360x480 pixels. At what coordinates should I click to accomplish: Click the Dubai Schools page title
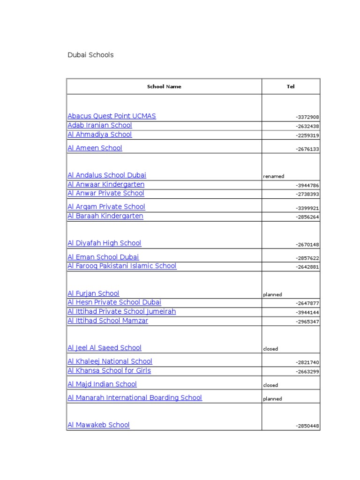91,55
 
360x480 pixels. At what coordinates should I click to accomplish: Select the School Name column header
164,86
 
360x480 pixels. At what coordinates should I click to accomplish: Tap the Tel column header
291,86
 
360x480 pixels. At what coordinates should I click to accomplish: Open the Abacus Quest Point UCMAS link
112,116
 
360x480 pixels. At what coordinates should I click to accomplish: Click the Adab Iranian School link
100,125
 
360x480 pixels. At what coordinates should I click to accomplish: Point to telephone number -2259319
307,135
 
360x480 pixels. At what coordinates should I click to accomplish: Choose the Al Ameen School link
95,148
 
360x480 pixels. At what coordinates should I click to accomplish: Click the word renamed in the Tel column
274,176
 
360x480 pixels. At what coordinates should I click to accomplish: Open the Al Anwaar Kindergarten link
106,184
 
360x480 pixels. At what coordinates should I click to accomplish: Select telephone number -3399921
307,208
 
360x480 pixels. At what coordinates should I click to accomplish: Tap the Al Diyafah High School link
104,243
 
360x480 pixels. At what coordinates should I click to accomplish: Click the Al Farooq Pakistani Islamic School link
122,266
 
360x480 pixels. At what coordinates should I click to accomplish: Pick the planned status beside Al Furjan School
272,295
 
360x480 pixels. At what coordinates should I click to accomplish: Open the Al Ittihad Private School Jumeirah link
122,311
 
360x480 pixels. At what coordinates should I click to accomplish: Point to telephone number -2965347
307,322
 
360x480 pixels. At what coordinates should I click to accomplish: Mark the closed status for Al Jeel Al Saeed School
270,349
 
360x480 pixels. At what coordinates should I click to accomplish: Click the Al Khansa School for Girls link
109,370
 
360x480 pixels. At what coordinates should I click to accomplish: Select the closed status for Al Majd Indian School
270,385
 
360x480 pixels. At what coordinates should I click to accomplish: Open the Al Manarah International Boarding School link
135,397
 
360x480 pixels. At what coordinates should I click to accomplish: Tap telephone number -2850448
307,426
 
